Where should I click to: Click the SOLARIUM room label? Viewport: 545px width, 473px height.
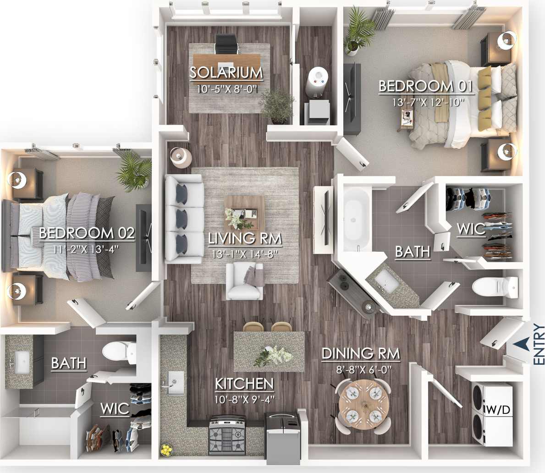(x=226, y=73)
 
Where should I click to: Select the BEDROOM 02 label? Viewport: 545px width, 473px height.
(x=87, y=233)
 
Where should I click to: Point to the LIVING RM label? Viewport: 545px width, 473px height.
(x=245, y=239)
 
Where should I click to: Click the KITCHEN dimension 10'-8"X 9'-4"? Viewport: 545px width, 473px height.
(x=244, y=399)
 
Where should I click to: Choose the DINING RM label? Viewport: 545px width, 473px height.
(x=361, y=354)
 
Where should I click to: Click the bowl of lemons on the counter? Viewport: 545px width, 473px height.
(x=166, y=450)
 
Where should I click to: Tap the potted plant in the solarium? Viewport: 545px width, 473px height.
(x=277, y=105)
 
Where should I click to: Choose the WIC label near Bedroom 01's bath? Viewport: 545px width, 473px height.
(x=471, y=229)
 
